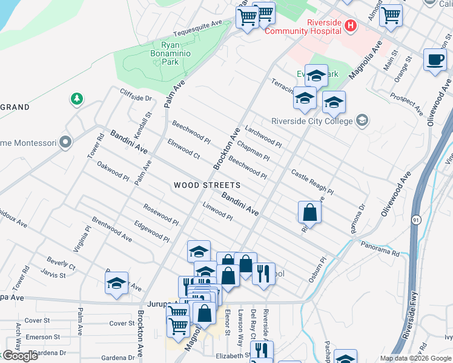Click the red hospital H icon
tap(350, 25)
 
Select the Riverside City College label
tap(312, 120)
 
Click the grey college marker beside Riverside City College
tap(362, 120)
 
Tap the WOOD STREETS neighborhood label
tap(207, 185)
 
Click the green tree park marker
tap(77, 98)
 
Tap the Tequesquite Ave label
tap(198, 28)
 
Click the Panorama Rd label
tap(380, 247)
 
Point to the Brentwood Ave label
tap(112, 229)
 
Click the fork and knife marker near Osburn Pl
tap(263, 273)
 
